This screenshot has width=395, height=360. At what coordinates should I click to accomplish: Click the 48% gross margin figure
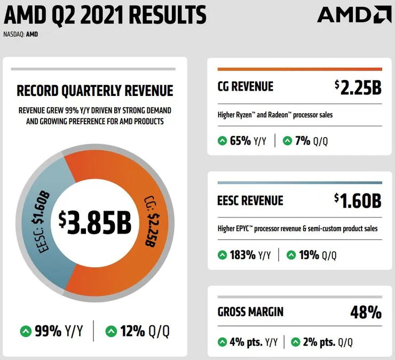(x=366, y=311)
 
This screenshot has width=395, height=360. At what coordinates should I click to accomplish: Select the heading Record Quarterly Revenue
(x=95, y=90)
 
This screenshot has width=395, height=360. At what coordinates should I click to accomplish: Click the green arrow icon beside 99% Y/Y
(x=26, y=331)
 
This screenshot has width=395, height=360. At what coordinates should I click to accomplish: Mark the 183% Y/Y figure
(x=250, y=255)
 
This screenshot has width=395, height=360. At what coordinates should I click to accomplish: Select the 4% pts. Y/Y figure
(x=250, y=342)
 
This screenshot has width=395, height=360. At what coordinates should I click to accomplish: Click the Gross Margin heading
(x=250, y=311)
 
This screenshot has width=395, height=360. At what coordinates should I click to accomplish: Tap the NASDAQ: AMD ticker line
(x=20, y=34)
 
